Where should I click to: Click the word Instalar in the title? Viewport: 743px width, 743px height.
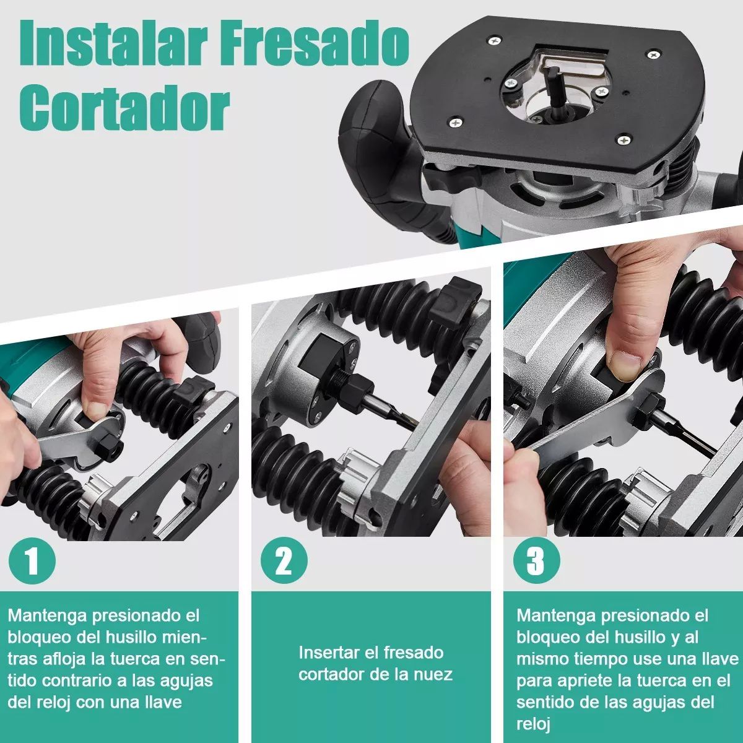tap(108, 43)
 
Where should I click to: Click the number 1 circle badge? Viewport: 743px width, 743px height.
tap(32, 562)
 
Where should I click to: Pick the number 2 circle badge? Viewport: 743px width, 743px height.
tap(284, 562)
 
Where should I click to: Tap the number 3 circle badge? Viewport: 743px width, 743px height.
tap(536, 562)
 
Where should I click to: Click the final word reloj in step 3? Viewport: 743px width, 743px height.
tap(533, 724)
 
